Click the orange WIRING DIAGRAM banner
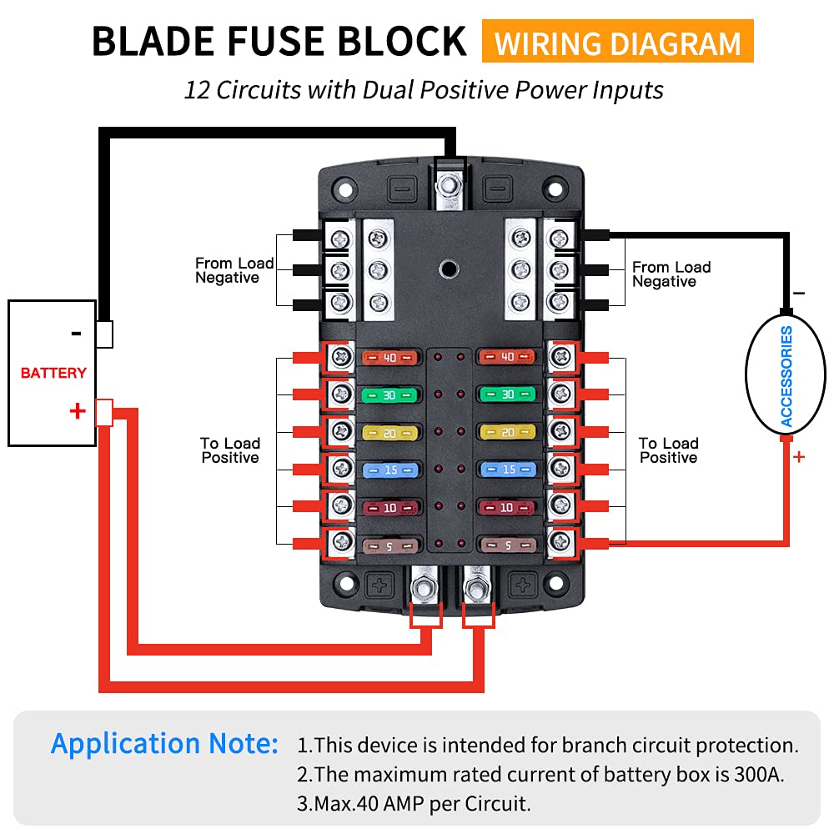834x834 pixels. coord(617,42)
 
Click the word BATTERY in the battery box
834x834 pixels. coord(53,373)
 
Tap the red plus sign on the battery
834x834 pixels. coord(78,410)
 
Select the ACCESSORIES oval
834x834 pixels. coord(786,377)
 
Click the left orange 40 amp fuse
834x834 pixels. coord(389,358)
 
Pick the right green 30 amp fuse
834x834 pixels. coord(507,394)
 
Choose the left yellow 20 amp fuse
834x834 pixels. coord(389,432)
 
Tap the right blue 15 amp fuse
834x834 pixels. coord(507,470)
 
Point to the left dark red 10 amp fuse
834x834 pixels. coord(389,507)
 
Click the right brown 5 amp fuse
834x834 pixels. coord(507,545)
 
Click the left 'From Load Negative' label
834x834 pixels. coord(234,270)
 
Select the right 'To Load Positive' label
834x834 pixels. coord(668,450)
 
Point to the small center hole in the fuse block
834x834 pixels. coord(448,269)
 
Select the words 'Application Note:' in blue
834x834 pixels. coord(164,743)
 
